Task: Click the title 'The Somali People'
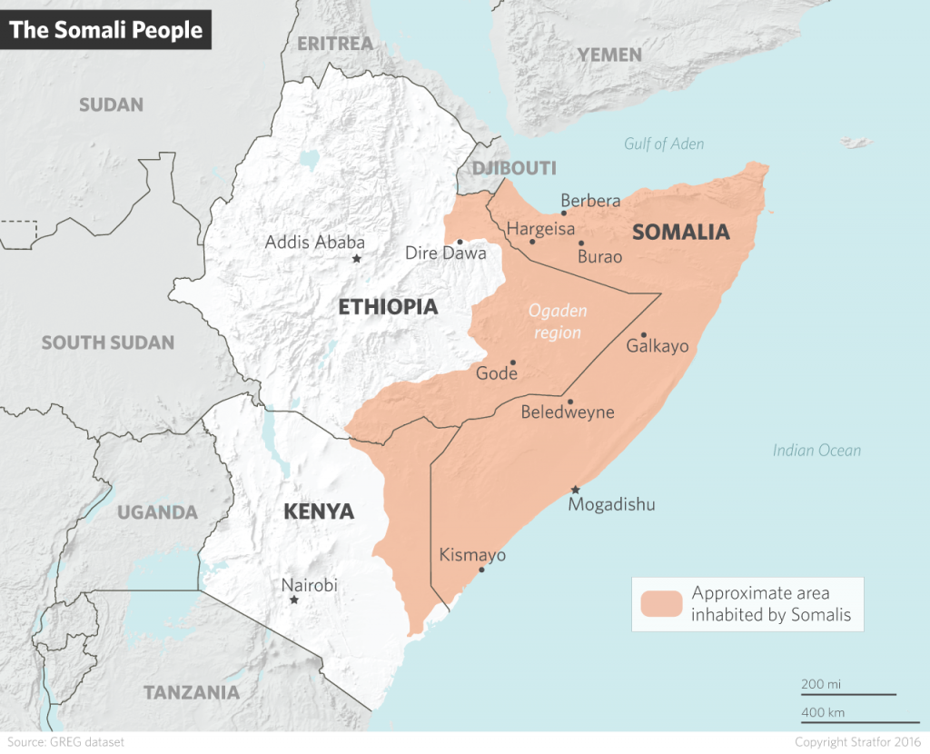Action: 106,30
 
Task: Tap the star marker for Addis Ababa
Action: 356,260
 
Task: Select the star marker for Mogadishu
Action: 574,490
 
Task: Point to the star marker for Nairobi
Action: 293,600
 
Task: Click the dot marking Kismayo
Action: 481,570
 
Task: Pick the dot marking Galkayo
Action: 643,334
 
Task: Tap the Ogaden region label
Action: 558,322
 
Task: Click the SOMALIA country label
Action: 680,232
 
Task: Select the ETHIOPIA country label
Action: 388,307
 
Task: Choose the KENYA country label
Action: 318,512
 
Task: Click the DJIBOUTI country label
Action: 513,168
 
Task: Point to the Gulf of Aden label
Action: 663,144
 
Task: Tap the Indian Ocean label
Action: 816,451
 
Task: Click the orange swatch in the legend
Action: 660,604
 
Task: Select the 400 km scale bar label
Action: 823,710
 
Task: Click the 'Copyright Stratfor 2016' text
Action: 857,742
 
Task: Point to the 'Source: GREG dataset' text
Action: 64,742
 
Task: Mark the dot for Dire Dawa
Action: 460,243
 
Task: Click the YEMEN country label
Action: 609,55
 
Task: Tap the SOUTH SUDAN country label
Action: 107,342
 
